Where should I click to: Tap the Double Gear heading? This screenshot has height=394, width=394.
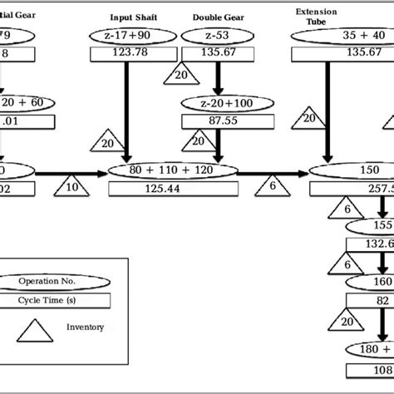pos(219,17)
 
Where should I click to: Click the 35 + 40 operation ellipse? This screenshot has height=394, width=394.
pos(342,35)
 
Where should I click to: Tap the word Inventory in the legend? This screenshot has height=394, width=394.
pos(86,327)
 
